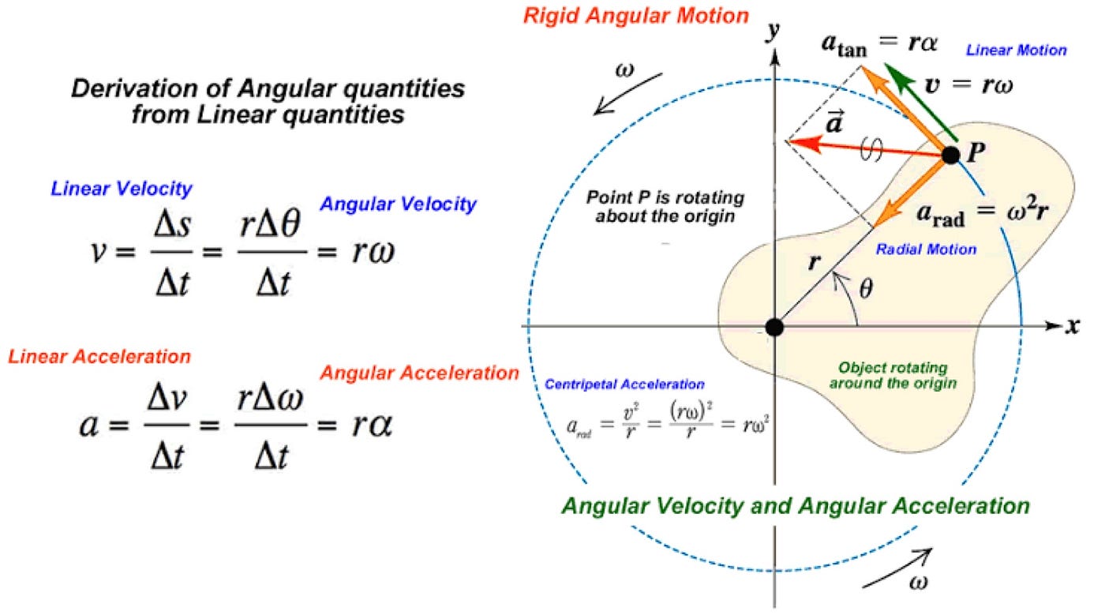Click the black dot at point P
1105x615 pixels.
point(951,155)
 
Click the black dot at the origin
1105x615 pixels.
point(775,326)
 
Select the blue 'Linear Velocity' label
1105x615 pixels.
point(121,189)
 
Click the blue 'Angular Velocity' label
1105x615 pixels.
point(398,204)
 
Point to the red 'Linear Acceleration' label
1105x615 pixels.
point(99,357)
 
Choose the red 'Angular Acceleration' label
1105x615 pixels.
point(420,373)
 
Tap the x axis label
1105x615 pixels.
point(1072,325)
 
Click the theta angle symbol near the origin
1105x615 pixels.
point(866,290)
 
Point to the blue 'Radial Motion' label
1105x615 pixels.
point(926,249)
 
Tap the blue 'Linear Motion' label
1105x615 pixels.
point(1017,50)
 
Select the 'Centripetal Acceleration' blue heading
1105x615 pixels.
point(624,385)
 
